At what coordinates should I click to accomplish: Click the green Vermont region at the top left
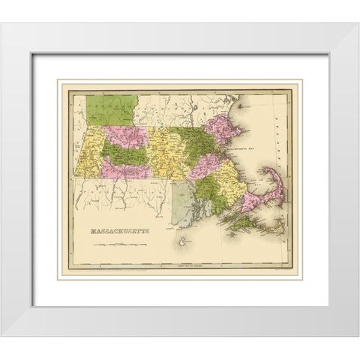point(109,109)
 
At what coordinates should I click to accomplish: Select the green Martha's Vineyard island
point(247,222)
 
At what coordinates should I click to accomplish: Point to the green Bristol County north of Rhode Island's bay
point(209,195)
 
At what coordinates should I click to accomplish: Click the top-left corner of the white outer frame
point(3,25)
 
